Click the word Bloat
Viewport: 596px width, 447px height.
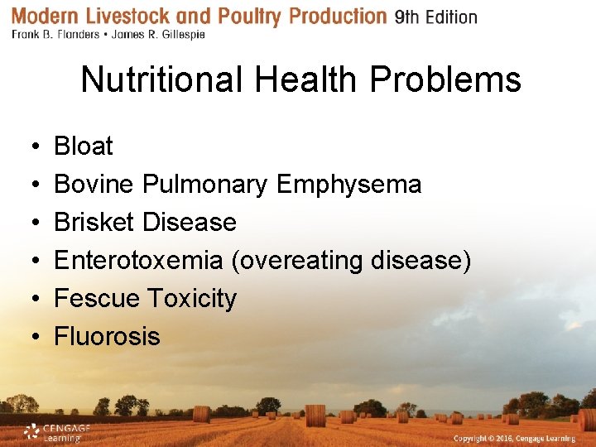point(83,147)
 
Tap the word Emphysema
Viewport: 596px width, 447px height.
point(348,185)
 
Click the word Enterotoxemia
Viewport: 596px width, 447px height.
point(138,261)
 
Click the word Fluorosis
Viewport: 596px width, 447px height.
point(107,337)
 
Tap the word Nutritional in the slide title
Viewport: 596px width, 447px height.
point(163,80)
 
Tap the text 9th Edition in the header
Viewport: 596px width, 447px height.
point(435,17)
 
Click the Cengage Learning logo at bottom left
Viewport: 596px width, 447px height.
point(55,432)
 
